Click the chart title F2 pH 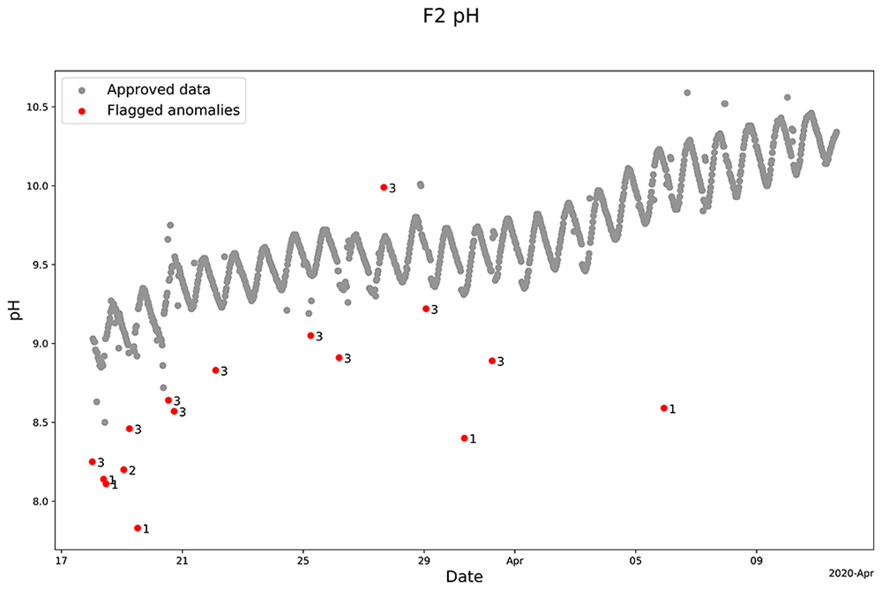pyautogui.click(x=451, y=16)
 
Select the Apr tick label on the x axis pyautogui.click(x=515, y=561)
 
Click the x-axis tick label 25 pyautogui.click(x=303, y=561)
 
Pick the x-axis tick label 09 pyautogui.click(x=757, y=561)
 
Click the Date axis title pyautogui.click(x=464, y=577)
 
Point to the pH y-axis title pyautogui.click(x=16, y=310)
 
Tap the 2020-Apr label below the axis pyautogui.click(x=851, y=574)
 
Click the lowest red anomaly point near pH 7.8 pyautogui.click(x=138, y=528)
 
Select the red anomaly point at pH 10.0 pyautogui.click(x=385, y=187)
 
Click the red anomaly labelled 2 pyautogui.click(x=123, y=470)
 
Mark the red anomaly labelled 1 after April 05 pyautogui.click(x=664, y=408)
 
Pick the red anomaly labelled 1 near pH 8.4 pyautogui.click(x=465, y=438)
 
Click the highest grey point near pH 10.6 pyautogui.click(x=687, y=93)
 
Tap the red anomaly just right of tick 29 pyautogui.click(x=426, y=309)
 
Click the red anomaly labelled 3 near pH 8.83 pyautogui.click(x=216, y=370)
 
